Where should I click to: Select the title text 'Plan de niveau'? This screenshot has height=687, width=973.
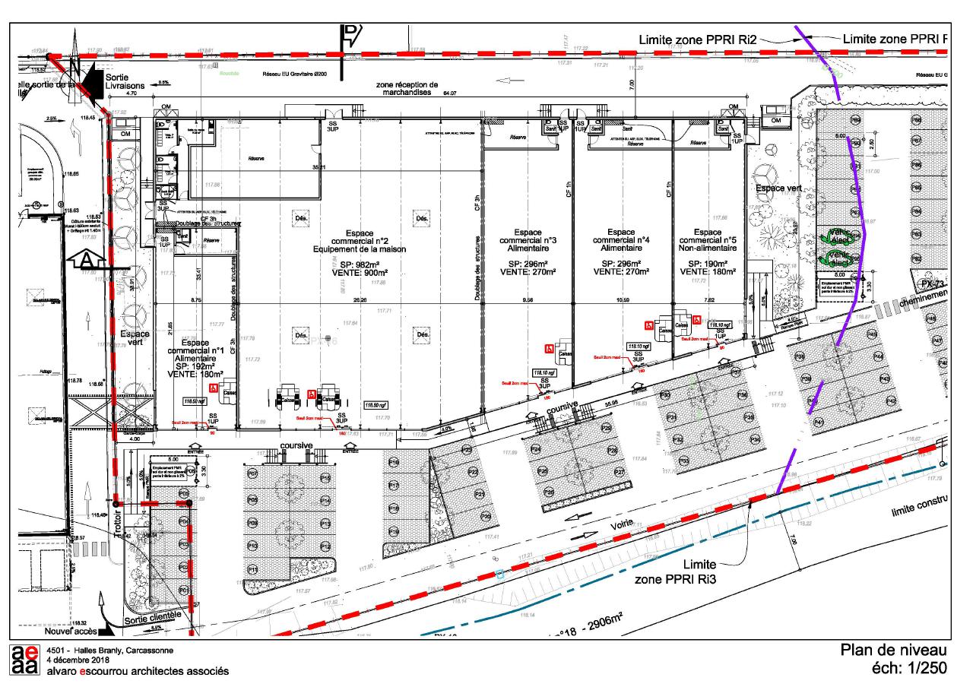tap(892, 651)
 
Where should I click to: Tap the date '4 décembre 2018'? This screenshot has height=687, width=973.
tap(80, 660)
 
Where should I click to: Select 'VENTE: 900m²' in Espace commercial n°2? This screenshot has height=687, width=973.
tap(360, 271)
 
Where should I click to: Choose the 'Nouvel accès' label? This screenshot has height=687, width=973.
tap(71, 630)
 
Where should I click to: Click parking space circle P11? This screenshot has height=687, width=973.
tap(253, 569)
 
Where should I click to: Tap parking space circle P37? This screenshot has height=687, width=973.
tap(735, 372)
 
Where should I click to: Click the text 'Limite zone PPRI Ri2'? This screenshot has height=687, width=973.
tap(699, 39)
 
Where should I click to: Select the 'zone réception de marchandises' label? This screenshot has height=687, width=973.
tap(412, 88)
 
